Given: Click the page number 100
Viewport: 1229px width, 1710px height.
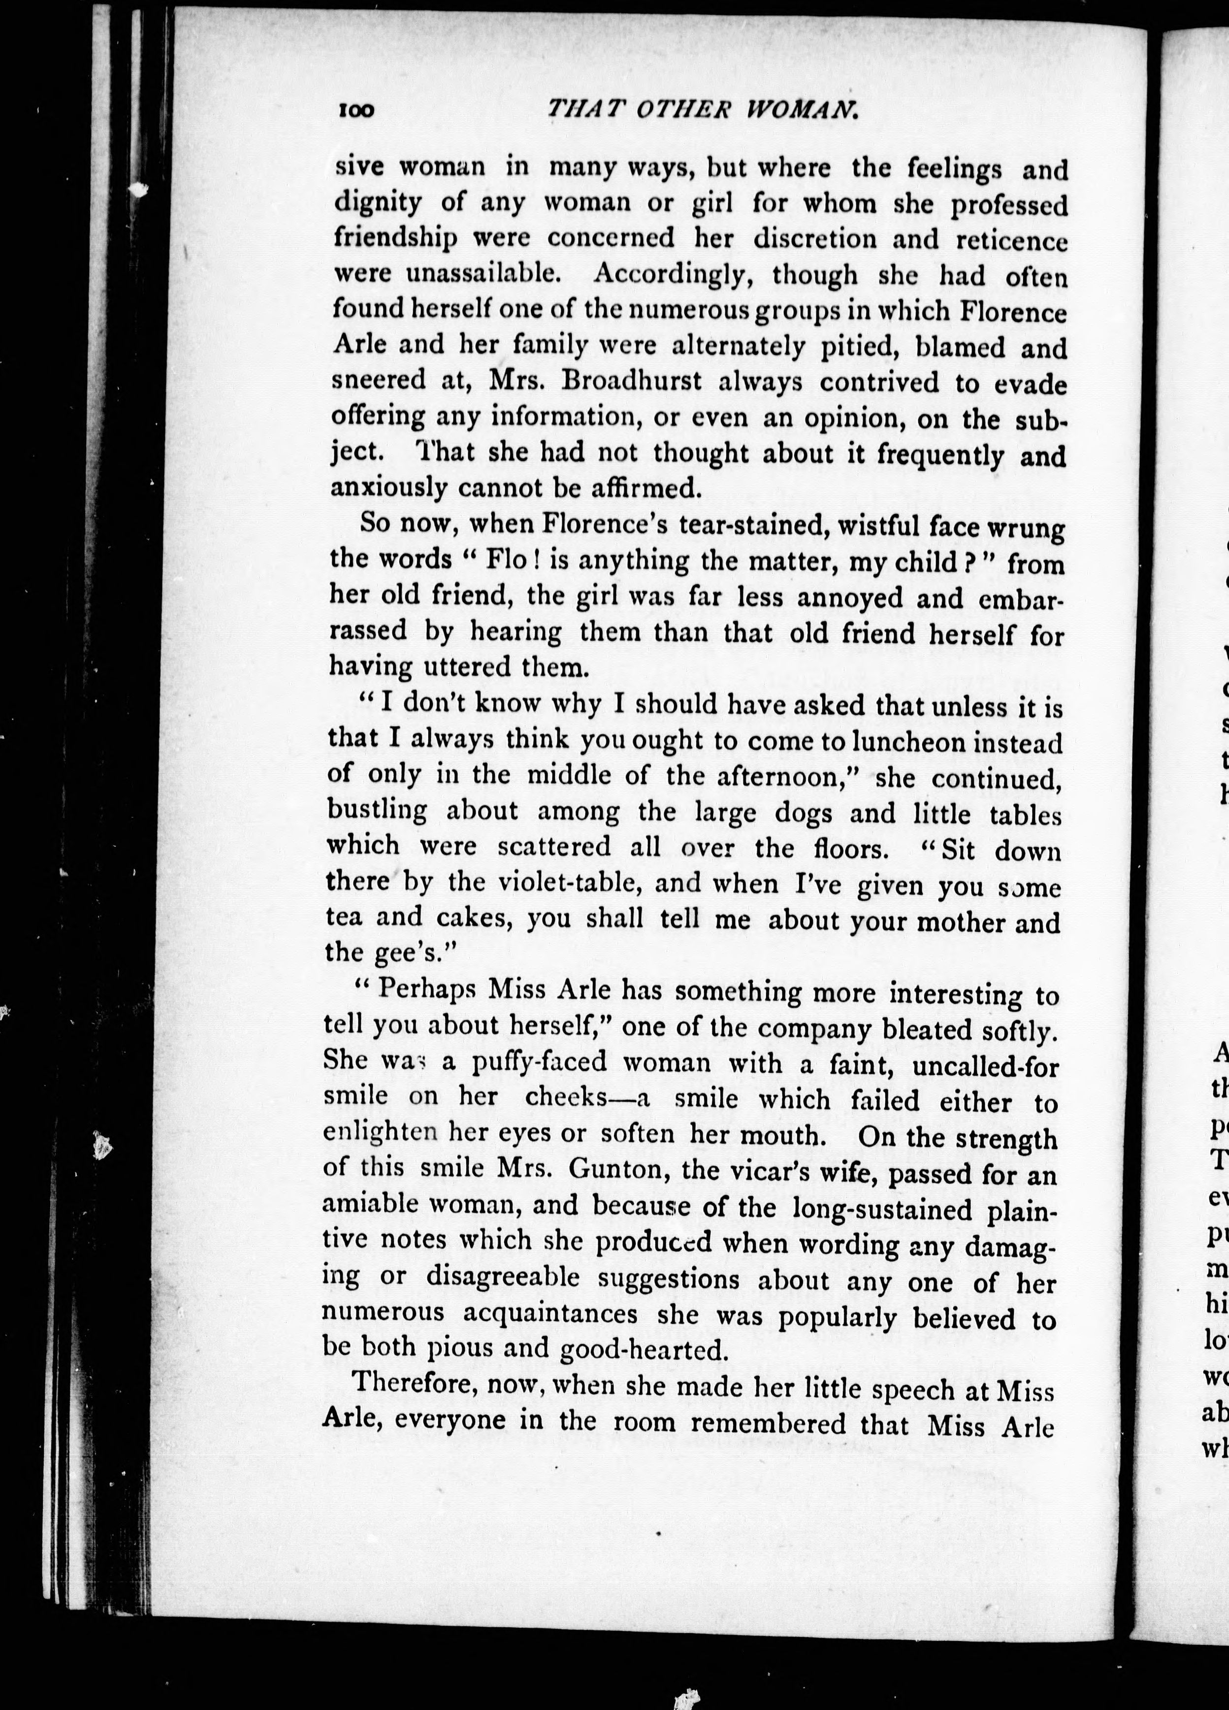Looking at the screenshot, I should coord(356,111).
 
